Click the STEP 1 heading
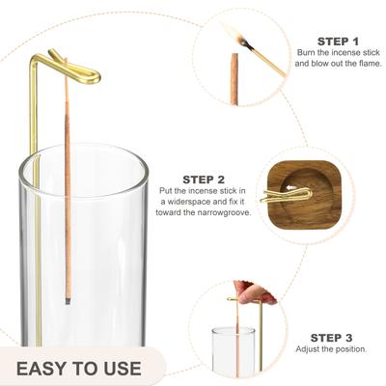(338, 41)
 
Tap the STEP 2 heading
(204, 179)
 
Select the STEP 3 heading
(331, 338)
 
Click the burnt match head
(244, 41)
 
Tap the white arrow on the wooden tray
(290, 187)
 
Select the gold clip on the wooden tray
(286, 196)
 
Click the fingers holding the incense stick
(254, 292)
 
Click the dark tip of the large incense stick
(68, 301)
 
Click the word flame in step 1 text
(369, 64)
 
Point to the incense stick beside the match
(234, 79)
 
